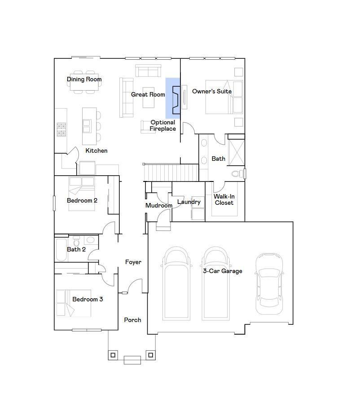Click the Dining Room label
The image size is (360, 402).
tap(84, 80)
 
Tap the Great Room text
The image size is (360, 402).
tap(148, 94)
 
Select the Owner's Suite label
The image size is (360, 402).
tap(212, 91)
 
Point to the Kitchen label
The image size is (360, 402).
tap(97, 150)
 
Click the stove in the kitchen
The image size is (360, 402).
tap(61, 129)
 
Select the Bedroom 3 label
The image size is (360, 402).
tap(88, 299)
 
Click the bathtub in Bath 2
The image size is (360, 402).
tap(61, 250)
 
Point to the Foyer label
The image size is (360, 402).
tap(133, 262)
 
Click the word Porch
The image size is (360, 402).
tap(132, 320)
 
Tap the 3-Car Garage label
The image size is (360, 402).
tap(222, 271)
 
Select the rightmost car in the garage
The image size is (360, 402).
tap(269, 284)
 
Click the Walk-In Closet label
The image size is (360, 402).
tap(224, 199)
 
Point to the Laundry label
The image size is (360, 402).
tap(189, 202)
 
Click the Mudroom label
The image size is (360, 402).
tap(158, 205)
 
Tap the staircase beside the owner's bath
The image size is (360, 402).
tap(171, 172)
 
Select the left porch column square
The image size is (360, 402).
tap(113, 355)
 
